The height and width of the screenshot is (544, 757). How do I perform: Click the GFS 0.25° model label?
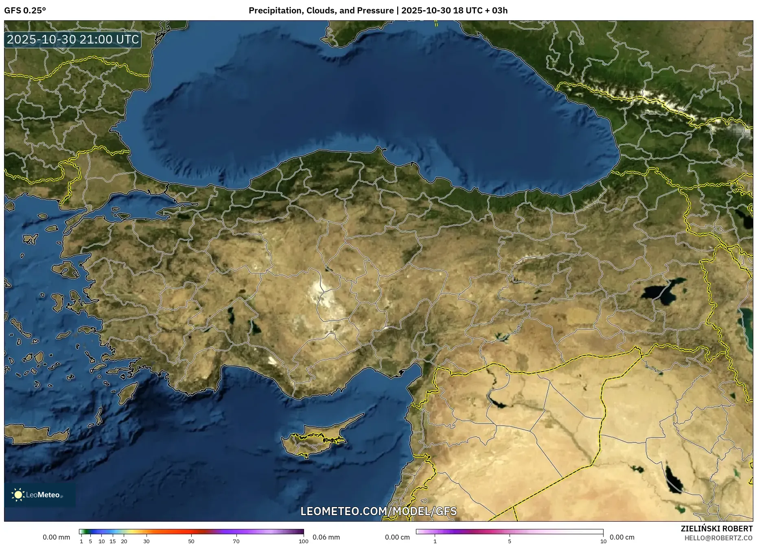pyautogui.click(x=25, y=11)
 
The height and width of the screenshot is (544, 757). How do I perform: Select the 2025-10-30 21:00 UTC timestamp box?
pyautogui.click(x=73, y=39)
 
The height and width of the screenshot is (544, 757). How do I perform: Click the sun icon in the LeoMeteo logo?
pyautogui.click(x=18, y=495)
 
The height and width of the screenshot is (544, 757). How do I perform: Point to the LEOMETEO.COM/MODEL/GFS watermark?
pyautogui.click(x=378, y=511)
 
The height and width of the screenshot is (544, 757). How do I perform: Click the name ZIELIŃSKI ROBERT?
pyautogui.click(x=716, y=529)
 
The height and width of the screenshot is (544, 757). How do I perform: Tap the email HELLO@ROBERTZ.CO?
pyautogui.click(x=718, y=538)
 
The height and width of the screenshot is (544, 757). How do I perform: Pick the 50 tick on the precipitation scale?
pyautogui.click(x=191, y=541)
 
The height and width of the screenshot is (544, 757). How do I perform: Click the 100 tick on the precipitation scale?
pyautogui.click(x=304, y=541)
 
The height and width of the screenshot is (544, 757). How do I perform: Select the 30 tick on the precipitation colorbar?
pyautogui.click(x=147, y=541)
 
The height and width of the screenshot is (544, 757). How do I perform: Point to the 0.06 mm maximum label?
pyautogui.click(x=326, y=537)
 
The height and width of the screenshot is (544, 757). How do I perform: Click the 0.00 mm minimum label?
pyautogui.click(x=57, y=537)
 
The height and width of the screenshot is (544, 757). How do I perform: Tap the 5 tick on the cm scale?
pyautogui.click(x=510, y=541)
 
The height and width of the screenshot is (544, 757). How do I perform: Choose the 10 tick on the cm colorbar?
pyautogui.click(x=603, y=541)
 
